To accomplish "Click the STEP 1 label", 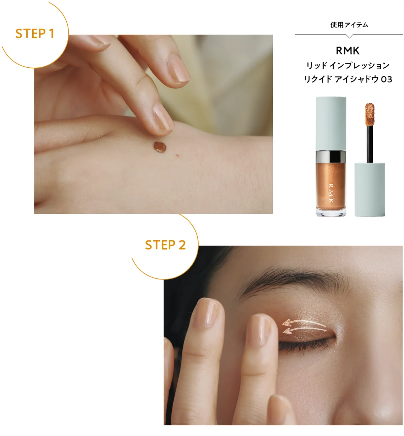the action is tap(35, 34).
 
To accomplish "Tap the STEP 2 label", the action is tap(165, 245).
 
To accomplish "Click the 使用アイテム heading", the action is tap(349, 25).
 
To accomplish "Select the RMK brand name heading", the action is tap(347, 51).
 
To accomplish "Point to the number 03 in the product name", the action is tap(386, 79).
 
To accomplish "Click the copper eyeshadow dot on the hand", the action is tap(160, 147).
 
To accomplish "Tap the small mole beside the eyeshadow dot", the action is tap(177, 156).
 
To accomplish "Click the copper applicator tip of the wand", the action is tap(370, 114).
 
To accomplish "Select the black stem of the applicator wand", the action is tap(370, 144).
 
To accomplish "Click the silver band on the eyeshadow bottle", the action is tap(331, 157).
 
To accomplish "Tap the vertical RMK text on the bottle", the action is tap(331, 193).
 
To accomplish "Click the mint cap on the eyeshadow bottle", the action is tap(331, 124).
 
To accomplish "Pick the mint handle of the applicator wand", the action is tap(370, 190).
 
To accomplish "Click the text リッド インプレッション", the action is tap(347, 65).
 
